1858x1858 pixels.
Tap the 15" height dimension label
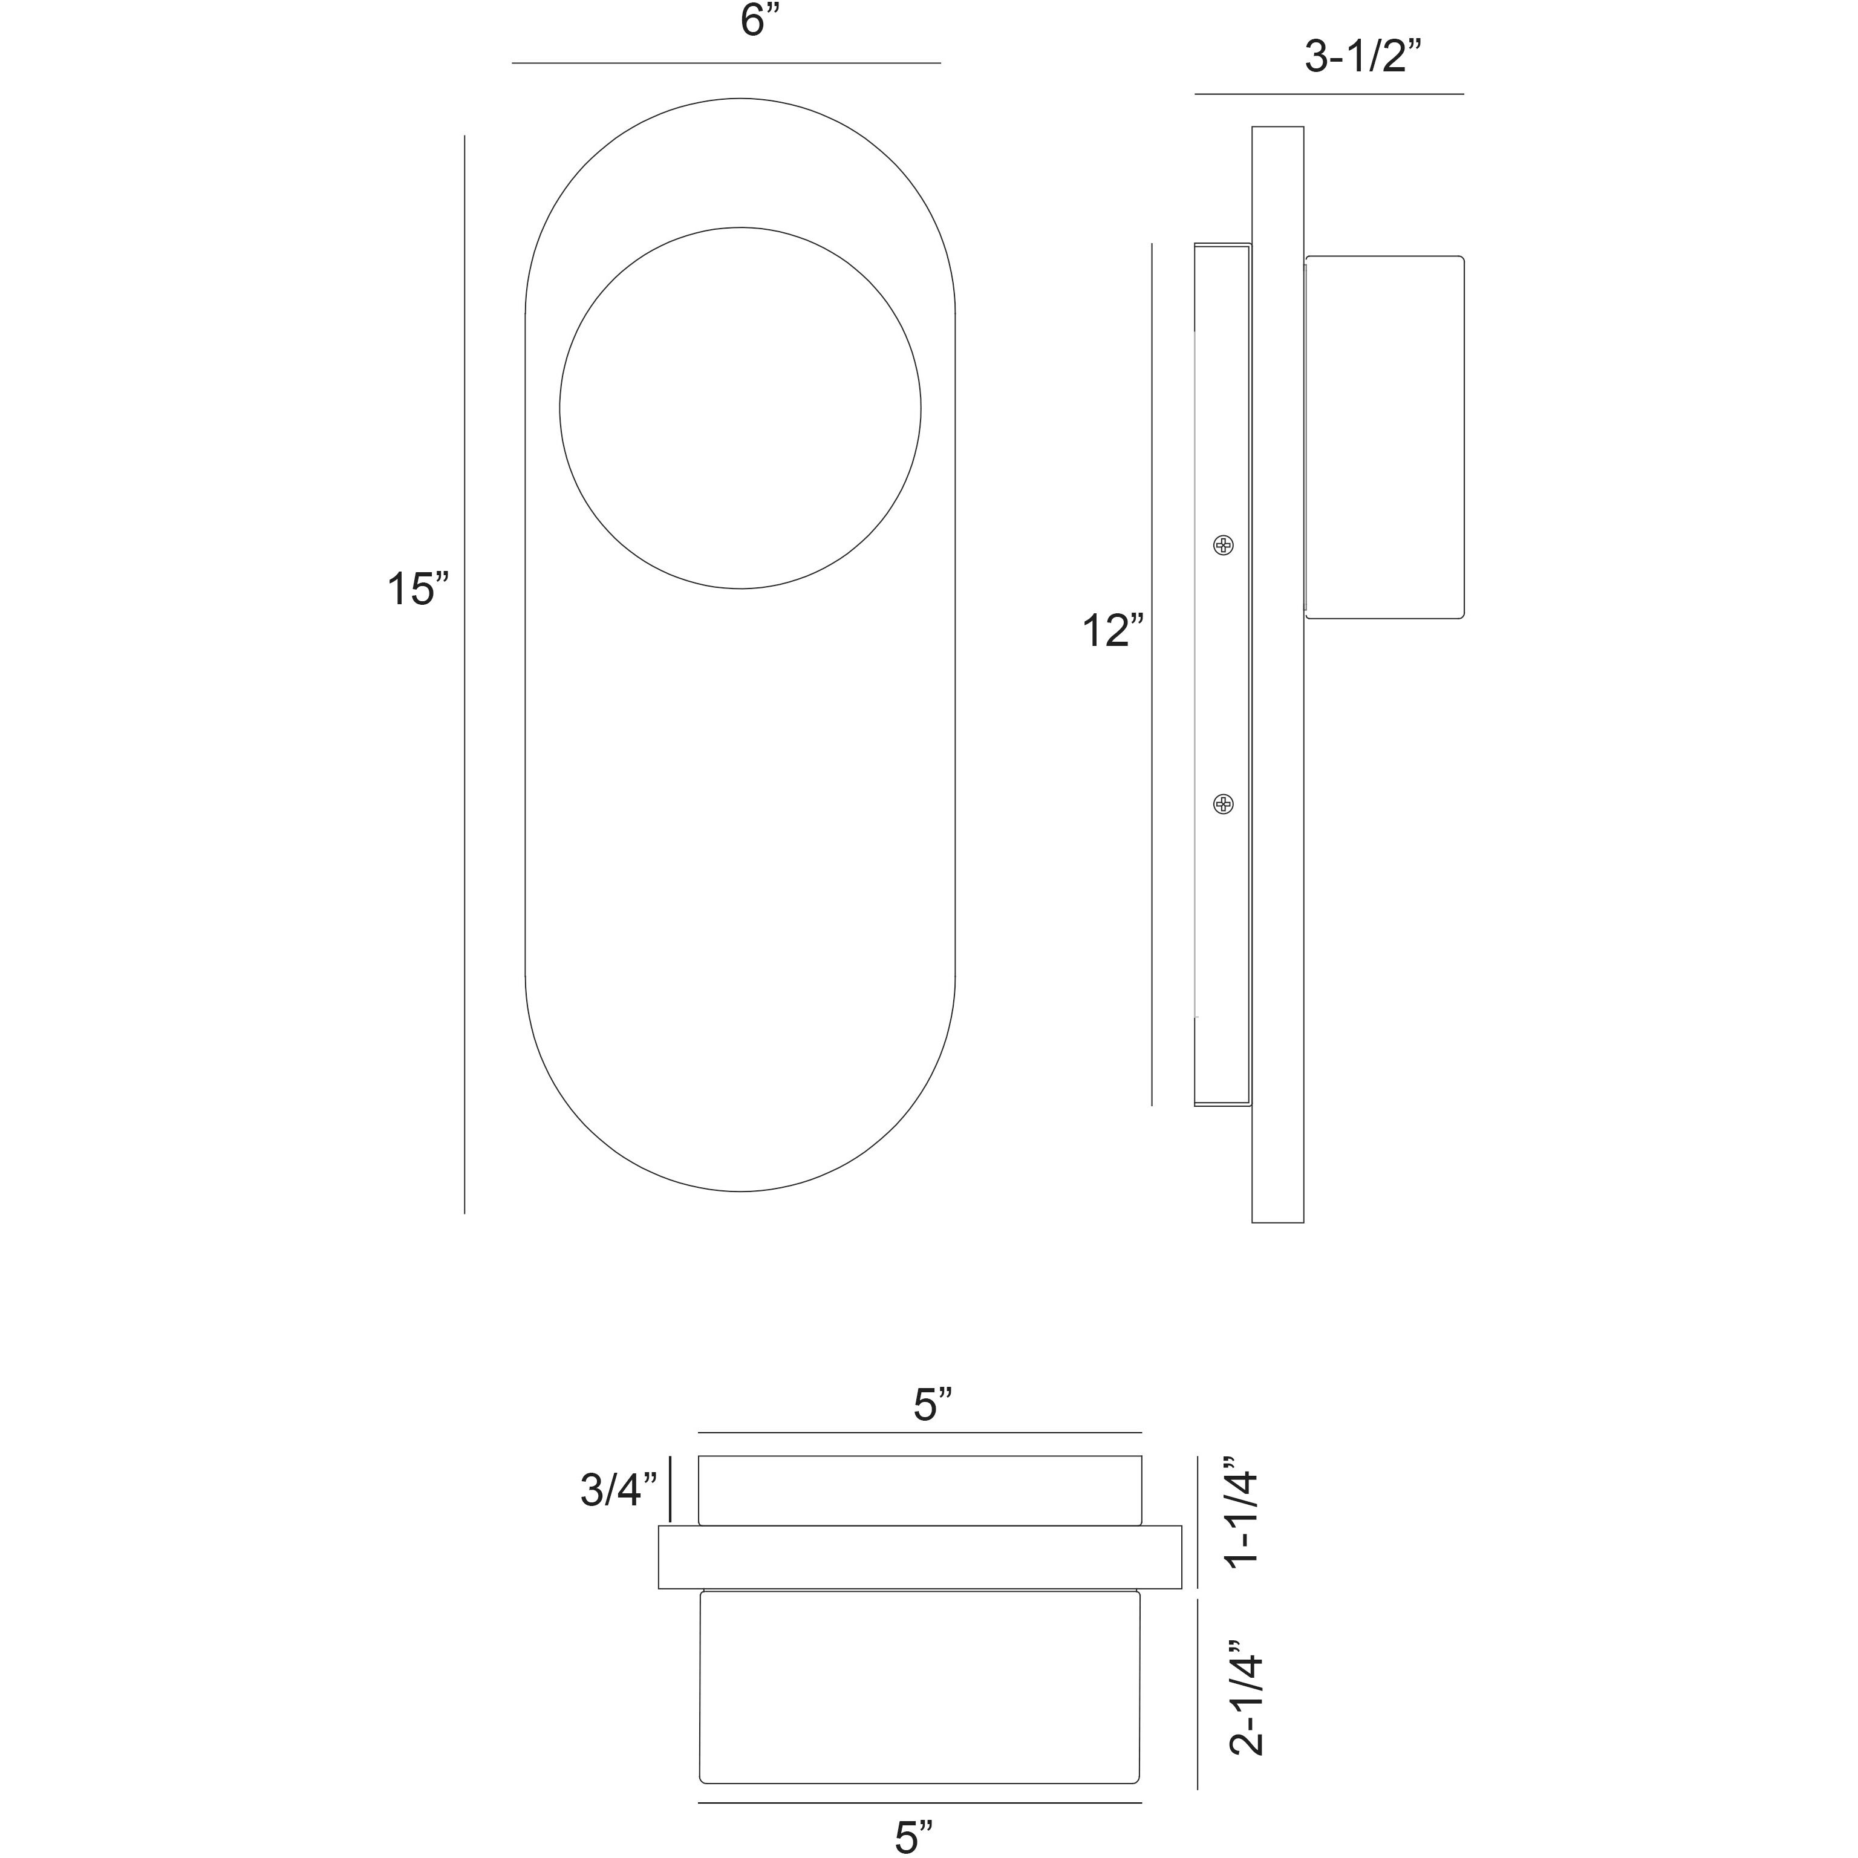(417, 590)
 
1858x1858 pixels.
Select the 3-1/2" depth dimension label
(1362, 57)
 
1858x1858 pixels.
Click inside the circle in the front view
(740, 408)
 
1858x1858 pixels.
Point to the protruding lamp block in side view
(1385, 437)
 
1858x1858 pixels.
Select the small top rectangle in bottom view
(919, 1490)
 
